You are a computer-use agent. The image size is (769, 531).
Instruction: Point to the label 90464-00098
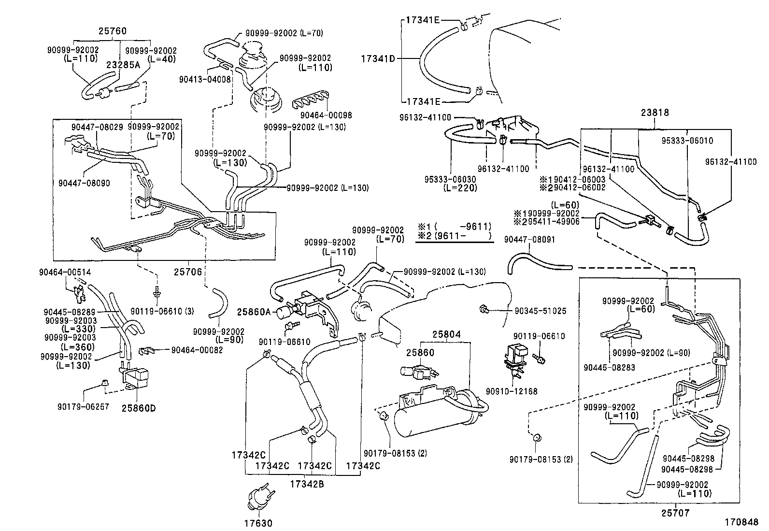pos(326,115)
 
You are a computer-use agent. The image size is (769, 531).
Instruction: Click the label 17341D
pos(378,59)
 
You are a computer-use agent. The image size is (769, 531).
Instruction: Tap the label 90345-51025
pos(540,312)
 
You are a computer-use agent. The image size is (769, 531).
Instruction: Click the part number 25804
pos(446,334)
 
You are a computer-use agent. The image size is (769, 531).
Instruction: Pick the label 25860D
pos(138,408)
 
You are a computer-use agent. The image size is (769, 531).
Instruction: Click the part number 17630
pos(258,523)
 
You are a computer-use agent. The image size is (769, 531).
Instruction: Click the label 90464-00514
pos(65,273)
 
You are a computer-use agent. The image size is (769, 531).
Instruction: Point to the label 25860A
pos(254,312)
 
